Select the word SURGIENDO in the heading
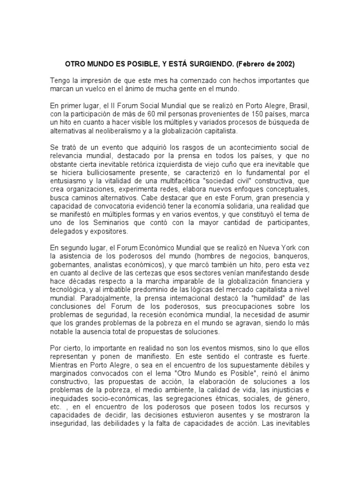pos(205,63)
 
